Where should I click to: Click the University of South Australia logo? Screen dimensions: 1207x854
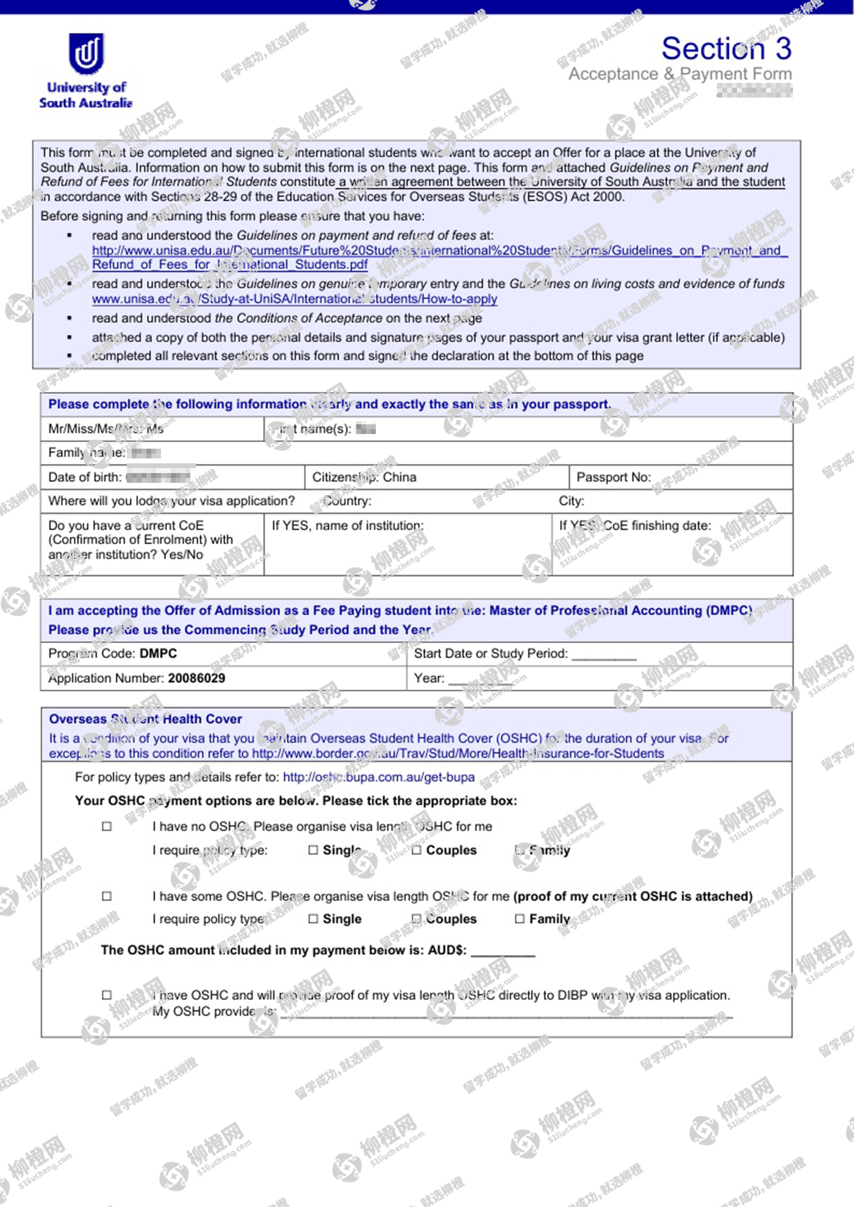click(x=86, y=71)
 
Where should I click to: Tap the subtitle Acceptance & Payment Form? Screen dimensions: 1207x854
click(x=680, y=74)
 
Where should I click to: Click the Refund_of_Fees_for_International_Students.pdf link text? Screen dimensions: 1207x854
click(x=230, y=265)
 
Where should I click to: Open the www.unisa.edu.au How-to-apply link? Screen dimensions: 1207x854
click(x=295, y=299)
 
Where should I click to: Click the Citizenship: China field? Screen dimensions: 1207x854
click(x=364, y=477)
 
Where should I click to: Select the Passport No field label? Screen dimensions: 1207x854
click(x=613, y=477)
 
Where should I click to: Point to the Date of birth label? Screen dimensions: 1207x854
click(x=85, y=477)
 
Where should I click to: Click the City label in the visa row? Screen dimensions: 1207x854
click(x=572, y=501)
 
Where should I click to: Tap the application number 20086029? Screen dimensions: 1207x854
click(x=196, y=678)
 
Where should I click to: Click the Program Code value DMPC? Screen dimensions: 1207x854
click(x=158, y=653)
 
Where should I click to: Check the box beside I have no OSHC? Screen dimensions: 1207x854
click(x=107, y=827)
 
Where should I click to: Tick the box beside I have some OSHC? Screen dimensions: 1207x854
click(x=107, y=896)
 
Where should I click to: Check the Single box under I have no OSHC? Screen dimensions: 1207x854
click(x=313, y=850)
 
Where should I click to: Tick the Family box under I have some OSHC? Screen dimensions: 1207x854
click(x=520, y=919)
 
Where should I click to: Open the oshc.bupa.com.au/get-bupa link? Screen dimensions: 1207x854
click(x=378, y=777)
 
